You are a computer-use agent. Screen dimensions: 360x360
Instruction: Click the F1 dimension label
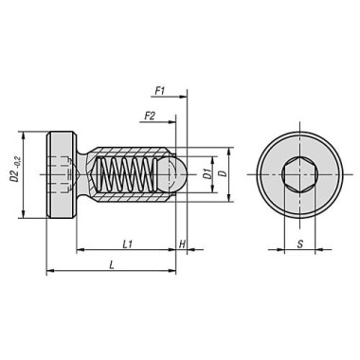coord(159,92)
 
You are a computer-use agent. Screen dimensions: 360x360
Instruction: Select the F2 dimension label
coord(150,117)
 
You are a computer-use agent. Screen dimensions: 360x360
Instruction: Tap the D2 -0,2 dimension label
coord(14,170)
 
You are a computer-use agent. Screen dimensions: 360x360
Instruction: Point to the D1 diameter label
coord(207,174)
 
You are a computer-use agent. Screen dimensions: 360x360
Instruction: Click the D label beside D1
coord(224,173)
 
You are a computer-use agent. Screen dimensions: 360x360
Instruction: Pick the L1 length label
coord(127,243)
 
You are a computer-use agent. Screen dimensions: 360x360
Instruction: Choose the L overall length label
coord(111,265)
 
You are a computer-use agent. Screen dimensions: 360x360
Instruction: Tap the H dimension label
coord(182,243)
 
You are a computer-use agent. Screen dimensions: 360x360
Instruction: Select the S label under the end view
coord(300,243)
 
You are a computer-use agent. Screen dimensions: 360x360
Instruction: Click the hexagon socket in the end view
coord(299,174)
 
